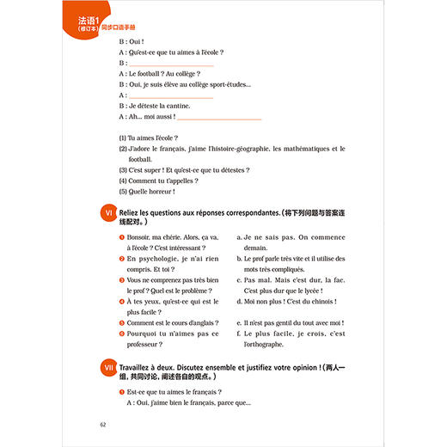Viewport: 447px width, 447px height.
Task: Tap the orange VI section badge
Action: click(x=106, y=211)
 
